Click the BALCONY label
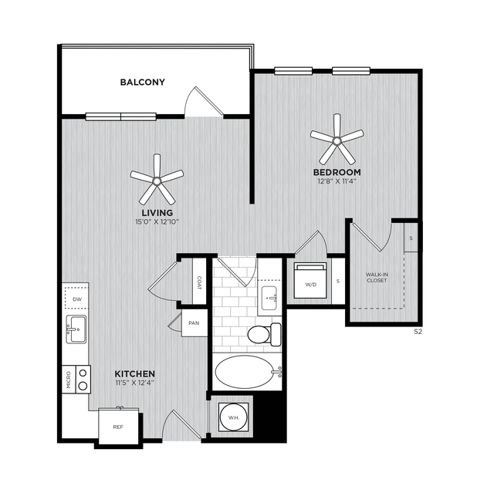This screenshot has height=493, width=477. [x=143, y=82]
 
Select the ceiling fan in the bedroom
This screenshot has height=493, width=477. [x=337, y=140]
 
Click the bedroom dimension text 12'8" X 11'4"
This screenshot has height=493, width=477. [x=337, y=181]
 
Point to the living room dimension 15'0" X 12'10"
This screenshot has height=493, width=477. [x=157, y=222]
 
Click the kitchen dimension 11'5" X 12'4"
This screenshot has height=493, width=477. [x=134, y=383]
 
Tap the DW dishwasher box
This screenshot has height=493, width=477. [x=77, y=299]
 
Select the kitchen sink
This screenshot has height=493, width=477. [x=76, y=329]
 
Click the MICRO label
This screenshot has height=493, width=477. [x=69, y=380]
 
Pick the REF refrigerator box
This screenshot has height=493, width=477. [x=118, y=426]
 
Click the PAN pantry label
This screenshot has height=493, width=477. [x=194, y=323]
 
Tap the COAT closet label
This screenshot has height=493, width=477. [x=199, y=282]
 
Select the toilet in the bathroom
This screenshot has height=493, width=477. [x=264, y=334]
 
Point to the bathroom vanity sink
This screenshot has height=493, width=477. [x=269, y=298]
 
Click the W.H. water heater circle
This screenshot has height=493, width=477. [x=234, y=417]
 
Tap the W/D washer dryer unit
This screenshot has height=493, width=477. [x=310, y=281]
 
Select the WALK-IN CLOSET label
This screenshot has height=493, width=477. [x=377, y=277]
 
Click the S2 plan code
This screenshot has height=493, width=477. [x=418, y=332]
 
